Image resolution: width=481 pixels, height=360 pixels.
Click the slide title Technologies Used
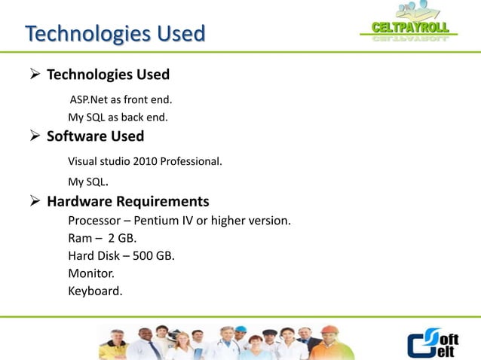coord(115,35)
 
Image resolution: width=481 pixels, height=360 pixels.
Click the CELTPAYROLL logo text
coord(411,29)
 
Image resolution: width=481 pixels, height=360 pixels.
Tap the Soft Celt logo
coord(433,343)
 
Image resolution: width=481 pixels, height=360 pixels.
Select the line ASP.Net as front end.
coord(121,99)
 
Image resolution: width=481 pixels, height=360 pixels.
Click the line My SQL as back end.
coord(118,117)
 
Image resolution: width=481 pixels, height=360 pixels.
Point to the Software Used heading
coord(95,137)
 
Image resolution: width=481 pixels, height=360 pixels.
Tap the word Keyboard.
coord(94,291)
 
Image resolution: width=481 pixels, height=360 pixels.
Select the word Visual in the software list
coord(83,160)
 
